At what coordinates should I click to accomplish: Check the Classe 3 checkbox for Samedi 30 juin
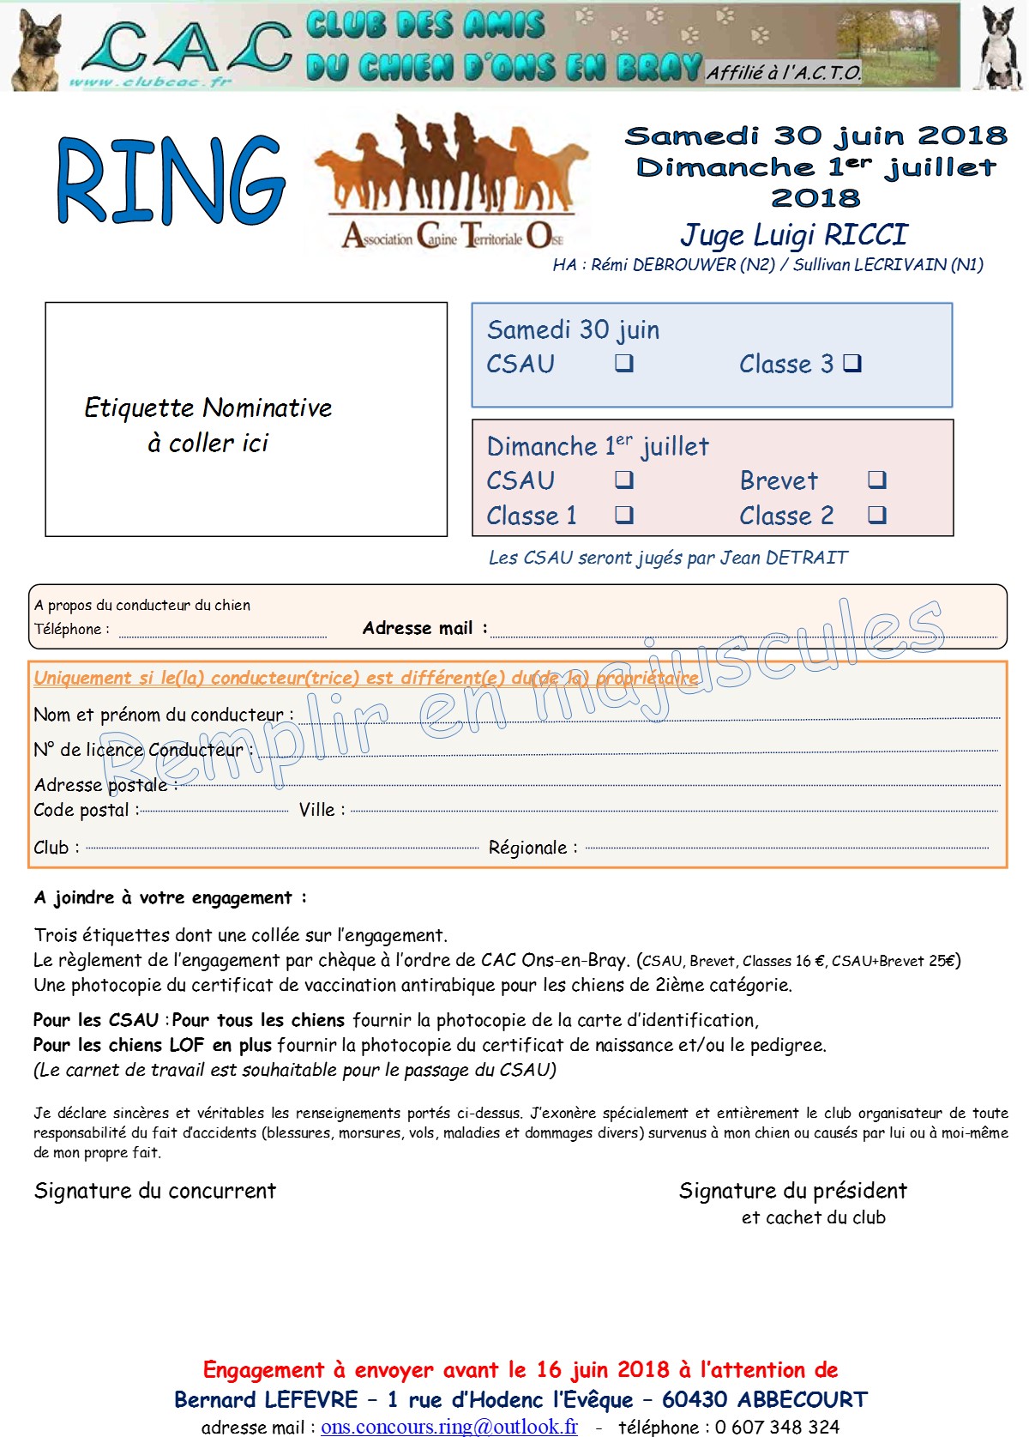(x=851, y=364)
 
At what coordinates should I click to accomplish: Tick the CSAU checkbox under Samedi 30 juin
(x=624, y=364)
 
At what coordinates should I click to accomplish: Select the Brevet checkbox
(x=876, y=480)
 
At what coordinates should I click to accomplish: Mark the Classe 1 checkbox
(x=624, y=515)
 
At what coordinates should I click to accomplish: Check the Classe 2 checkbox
(x=876, y=515)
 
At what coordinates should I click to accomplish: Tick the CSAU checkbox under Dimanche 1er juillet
(x=624, y=480)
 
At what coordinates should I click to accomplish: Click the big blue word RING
(x=171, y=181)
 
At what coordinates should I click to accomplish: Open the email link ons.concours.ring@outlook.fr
(x=448, y=1426)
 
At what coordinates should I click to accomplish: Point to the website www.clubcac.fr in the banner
(x=151, y=82)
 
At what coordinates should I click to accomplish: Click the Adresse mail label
(x=418, y=628)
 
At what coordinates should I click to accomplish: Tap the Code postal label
(x=81, y=811)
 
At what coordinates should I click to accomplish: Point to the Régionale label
(x=527, y=848)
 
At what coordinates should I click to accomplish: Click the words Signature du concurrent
(x=155, y=1191)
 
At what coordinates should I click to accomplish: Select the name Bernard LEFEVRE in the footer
(x=266, y=1399)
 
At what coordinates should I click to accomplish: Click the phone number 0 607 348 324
(x=777, y=1427)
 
